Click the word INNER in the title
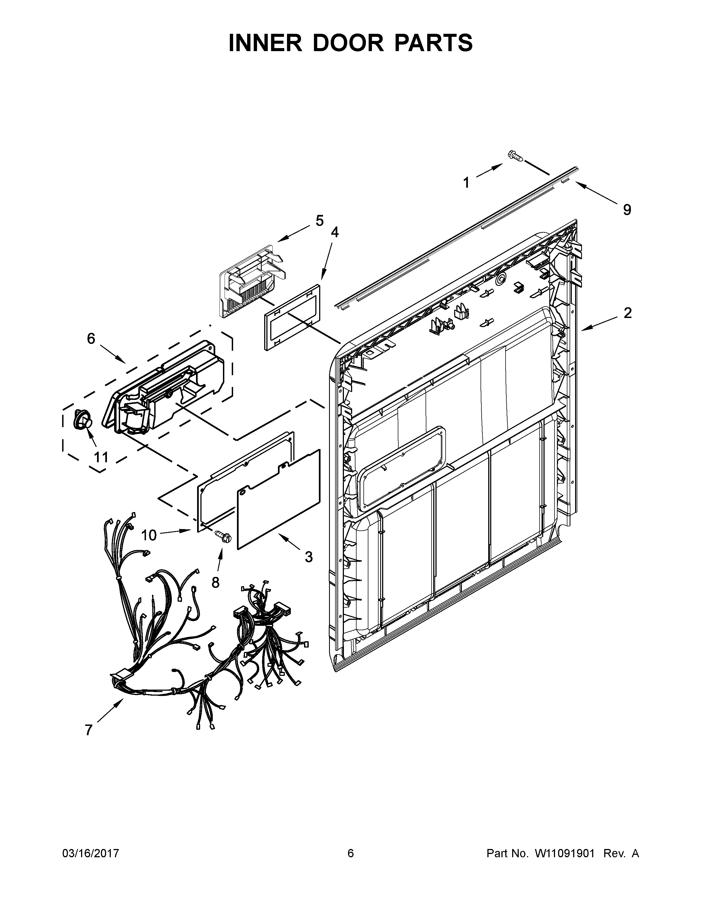tap(265, 43)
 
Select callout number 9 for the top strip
tap(627, 210)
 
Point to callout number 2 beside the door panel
tap(628, 313)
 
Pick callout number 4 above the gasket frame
tap(334, 232)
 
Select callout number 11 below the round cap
tap(101, 457)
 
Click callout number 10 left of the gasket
tap(149, 535)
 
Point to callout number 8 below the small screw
tap(215, 583)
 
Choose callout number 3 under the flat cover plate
tap(308, 557)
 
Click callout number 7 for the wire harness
tap(89, 730)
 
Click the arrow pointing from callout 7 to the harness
tap(110, 710)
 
